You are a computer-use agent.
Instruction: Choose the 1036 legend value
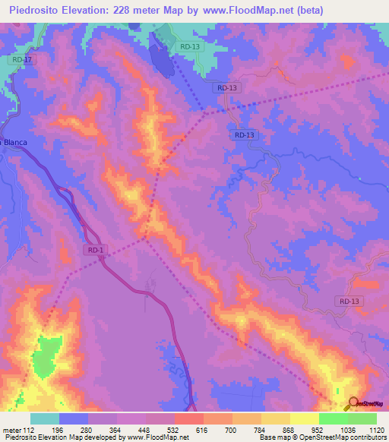pyautogui.click(x=348, y=430)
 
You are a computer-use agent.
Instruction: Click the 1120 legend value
pyautogui.click(x=375, y=430)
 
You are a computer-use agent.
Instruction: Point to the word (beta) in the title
pyautogui.click(x=310, y=11)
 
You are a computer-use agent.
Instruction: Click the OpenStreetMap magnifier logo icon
pyautogui.click(x=353, y=403)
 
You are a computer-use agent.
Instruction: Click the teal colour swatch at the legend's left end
pyautogui.click(x=45, y=418)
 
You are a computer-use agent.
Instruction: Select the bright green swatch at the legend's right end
pyautogui.click(x=362, y=418)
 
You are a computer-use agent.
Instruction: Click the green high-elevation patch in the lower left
pyautogui.click(x=47, y=357)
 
